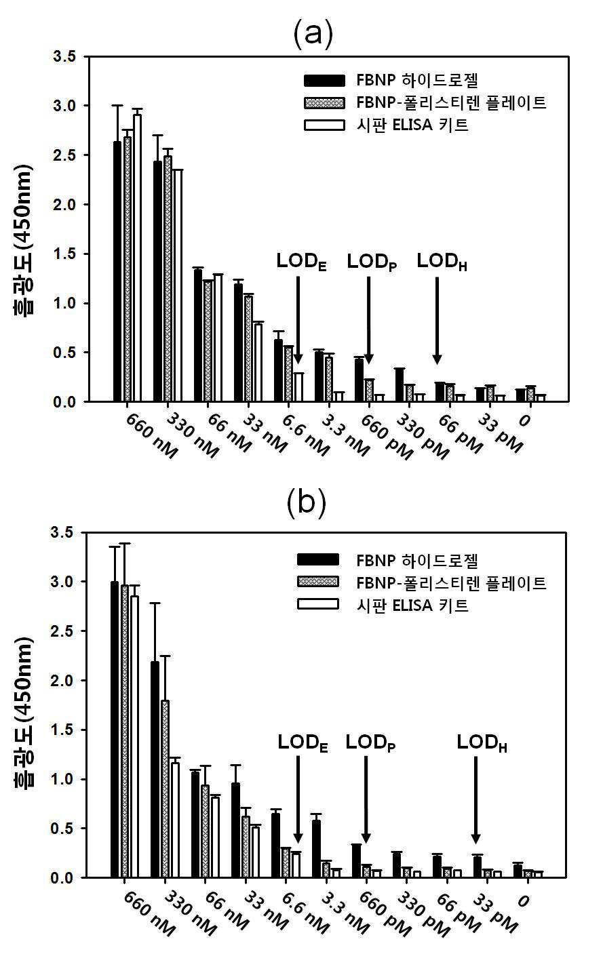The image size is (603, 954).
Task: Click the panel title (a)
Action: click(313, 34)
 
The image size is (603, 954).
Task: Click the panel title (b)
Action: click(307, 502)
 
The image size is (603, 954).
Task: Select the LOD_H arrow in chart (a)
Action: click(437, 320)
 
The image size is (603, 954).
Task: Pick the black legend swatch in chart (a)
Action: click(324, 80)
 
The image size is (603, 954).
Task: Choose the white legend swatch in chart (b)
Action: click(318, 604)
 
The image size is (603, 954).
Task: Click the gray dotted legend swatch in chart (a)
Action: click(324, 102)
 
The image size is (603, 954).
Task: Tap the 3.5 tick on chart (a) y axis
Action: click(64, 56)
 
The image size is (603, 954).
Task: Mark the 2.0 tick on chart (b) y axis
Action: click(63, 680)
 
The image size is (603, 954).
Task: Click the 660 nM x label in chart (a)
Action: click(151, 437)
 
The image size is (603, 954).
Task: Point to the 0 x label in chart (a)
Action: click(524, 421)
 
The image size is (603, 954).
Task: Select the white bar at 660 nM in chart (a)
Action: click(137, 258)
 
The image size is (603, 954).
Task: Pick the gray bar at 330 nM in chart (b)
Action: click(166, 789)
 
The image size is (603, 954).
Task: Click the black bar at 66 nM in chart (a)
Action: click(198, 336)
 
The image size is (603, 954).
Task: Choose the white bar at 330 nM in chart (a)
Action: click(178, 285)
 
